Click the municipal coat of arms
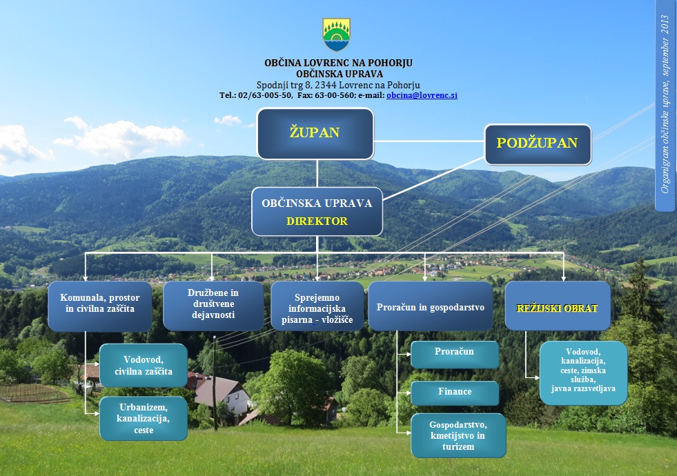coord(336,34)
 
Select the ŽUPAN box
coord(315,133)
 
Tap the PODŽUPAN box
coord(538,143)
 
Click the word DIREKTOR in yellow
coord(317,221)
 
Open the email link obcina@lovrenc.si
coord(422,95)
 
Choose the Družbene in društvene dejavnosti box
coord(213,304)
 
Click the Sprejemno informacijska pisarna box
coord(317,306)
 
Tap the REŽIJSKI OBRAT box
coord(558,306)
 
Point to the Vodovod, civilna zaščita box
coord(144,366)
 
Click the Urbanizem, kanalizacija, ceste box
coord(144,418)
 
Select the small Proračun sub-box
coord(454,353)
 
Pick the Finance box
coord(454,393)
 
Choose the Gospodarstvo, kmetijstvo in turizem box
coord(458,435)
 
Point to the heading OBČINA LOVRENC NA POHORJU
coord(338,63)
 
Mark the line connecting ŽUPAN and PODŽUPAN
coord(428,141)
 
